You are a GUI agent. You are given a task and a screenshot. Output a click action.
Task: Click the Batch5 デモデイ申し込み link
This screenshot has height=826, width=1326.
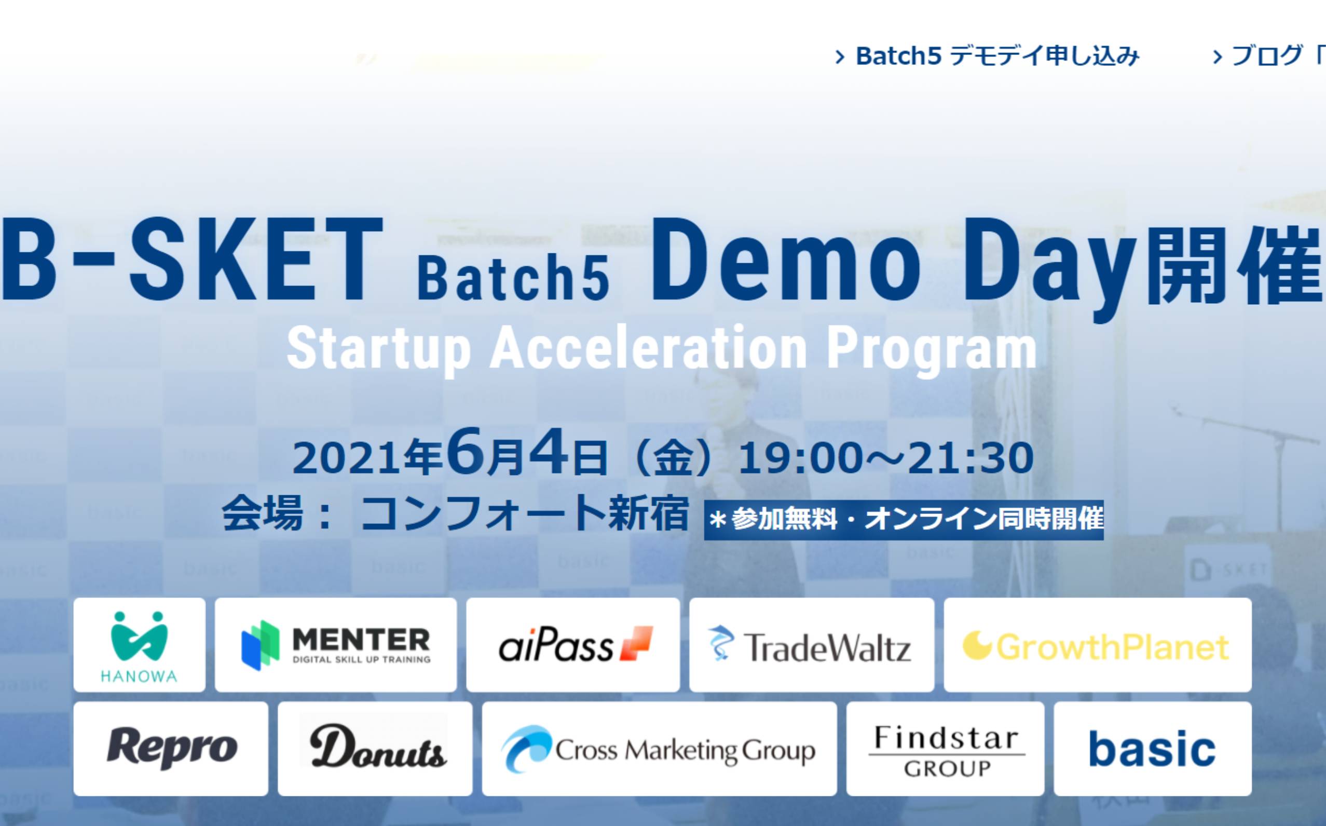[x=988, y=56]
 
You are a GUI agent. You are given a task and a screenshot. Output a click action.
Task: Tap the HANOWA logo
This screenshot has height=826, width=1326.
[x=139, y=645]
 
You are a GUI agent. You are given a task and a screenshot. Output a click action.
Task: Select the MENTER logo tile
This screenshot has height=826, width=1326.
[x=335, y=645]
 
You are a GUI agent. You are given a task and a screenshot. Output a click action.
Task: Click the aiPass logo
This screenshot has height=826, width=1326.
[x=573, y=645]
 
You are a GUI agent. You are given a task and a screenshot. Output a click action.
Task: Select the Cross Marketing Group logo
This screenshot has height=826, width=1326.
[x=659, y=749]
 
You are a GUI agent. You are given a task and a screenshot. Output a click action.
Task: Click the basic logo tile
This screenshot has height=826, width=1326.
[x=1153, y=749]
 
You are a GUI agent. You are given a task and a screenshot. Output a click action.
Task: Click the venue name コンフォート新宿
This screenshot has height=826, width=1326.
[x=524, y=513]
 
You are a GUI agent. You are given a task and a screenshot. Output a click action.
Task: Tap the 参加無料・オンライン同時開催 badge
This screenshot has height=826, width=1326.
[x=904, y=520]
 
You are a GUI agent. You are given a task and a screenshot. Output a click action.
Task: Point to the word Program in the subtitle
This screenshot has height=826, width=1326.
[x=932, y=349]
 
